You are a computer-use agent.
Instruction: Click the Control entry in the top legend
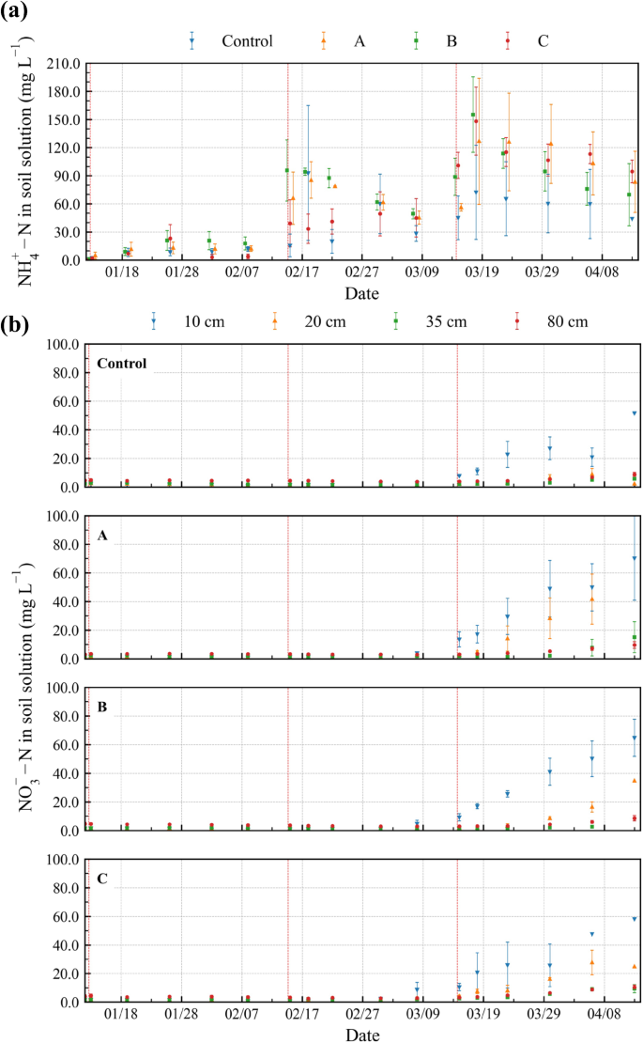point(247,40)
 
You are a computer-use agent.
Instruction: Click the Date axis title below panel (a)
point(361,293)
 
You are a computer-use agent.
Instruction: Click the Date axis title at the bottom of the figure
point(361,1035)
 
